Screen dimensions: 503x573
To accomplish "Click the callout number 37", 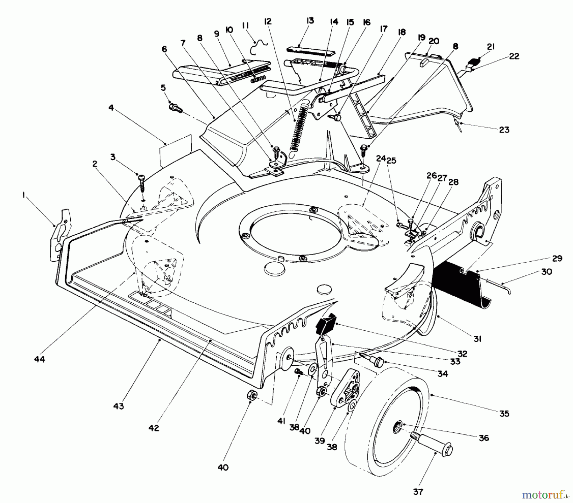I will [418, 492].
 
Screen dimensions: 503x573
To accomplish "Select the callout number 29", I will [557, 258].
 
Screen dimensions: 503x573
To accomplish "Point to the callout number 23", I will [504, 129].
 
